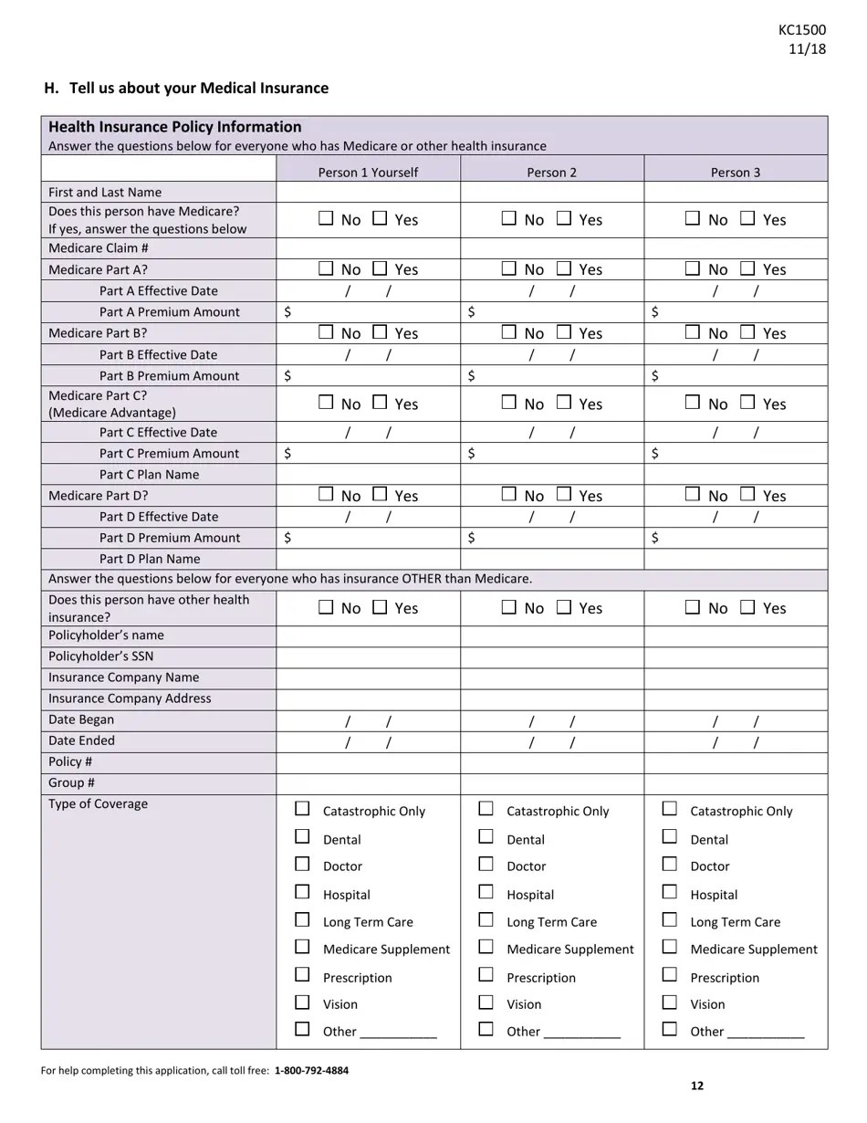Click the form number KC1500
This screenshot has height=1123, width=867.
pos(802,30)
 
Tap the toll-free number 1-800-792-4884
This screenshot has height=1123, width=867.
pos(311,1070)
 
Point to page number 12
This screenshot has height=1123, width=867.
pos(697,1086)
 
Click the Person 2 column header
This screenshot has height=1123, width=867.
pos(552,172)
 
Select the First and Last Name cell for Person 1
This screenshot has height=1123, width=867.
pos(368,192)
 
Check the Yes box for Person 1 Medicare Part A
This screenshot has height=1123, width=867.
pos(381,268)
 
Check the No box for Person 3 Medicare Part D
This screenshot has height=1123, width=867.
pos(693,495)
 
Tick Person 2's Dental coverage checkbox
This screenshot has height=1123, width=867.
pos(486,837)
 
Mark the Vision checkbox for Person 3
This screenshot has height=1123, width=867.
pos(670,1002)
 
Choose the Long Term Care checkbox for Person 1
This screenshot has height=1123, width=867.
pos(303,920)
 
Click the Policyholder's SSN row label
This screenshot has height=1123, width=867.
pos(101,656)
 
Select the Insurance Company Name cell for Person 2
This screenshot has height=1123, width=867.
pos(552,677)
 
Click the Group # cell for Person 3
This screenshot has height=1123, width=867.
pos(736,783)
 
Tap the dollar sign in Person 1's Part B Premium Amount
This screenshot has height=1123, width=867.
pos(288,375)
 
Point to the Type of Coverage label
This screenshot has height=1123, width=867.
pos(98,804)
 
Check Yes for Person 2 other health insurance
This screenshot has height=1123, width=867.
pos(564,607)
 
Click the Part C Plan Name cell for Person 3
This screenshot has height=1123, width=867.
pos(736,475)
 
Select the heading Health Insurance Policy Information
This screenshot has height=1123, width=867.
pos(174,127)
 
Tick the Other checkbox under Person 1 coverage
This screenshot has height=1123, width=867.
pos(303,1030)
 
